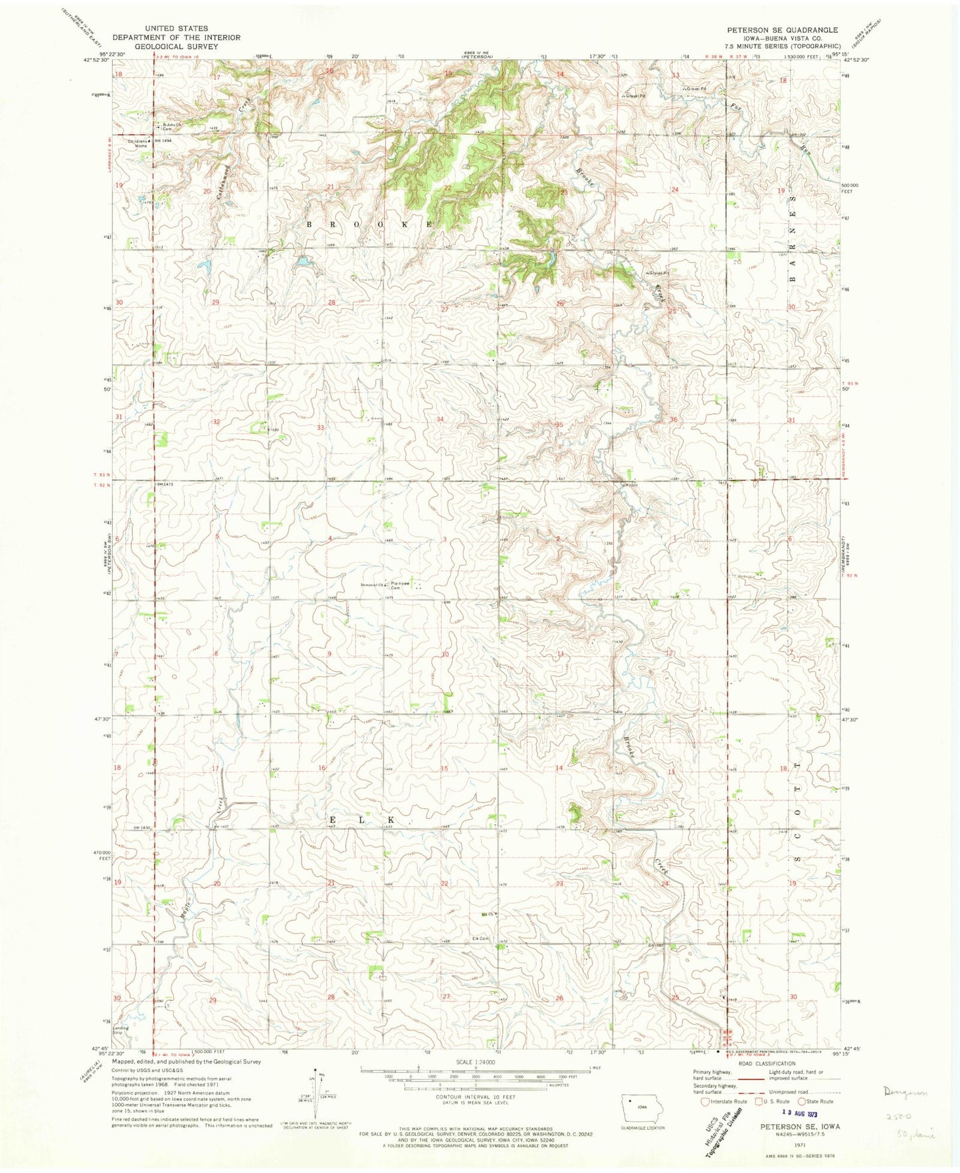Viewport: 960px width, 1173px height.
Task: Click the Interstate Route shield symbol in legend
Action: click(x=696, y=1101)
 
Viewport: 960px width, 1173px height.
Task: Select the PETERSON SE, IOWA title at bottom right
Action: click(x=799, y=1127)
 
